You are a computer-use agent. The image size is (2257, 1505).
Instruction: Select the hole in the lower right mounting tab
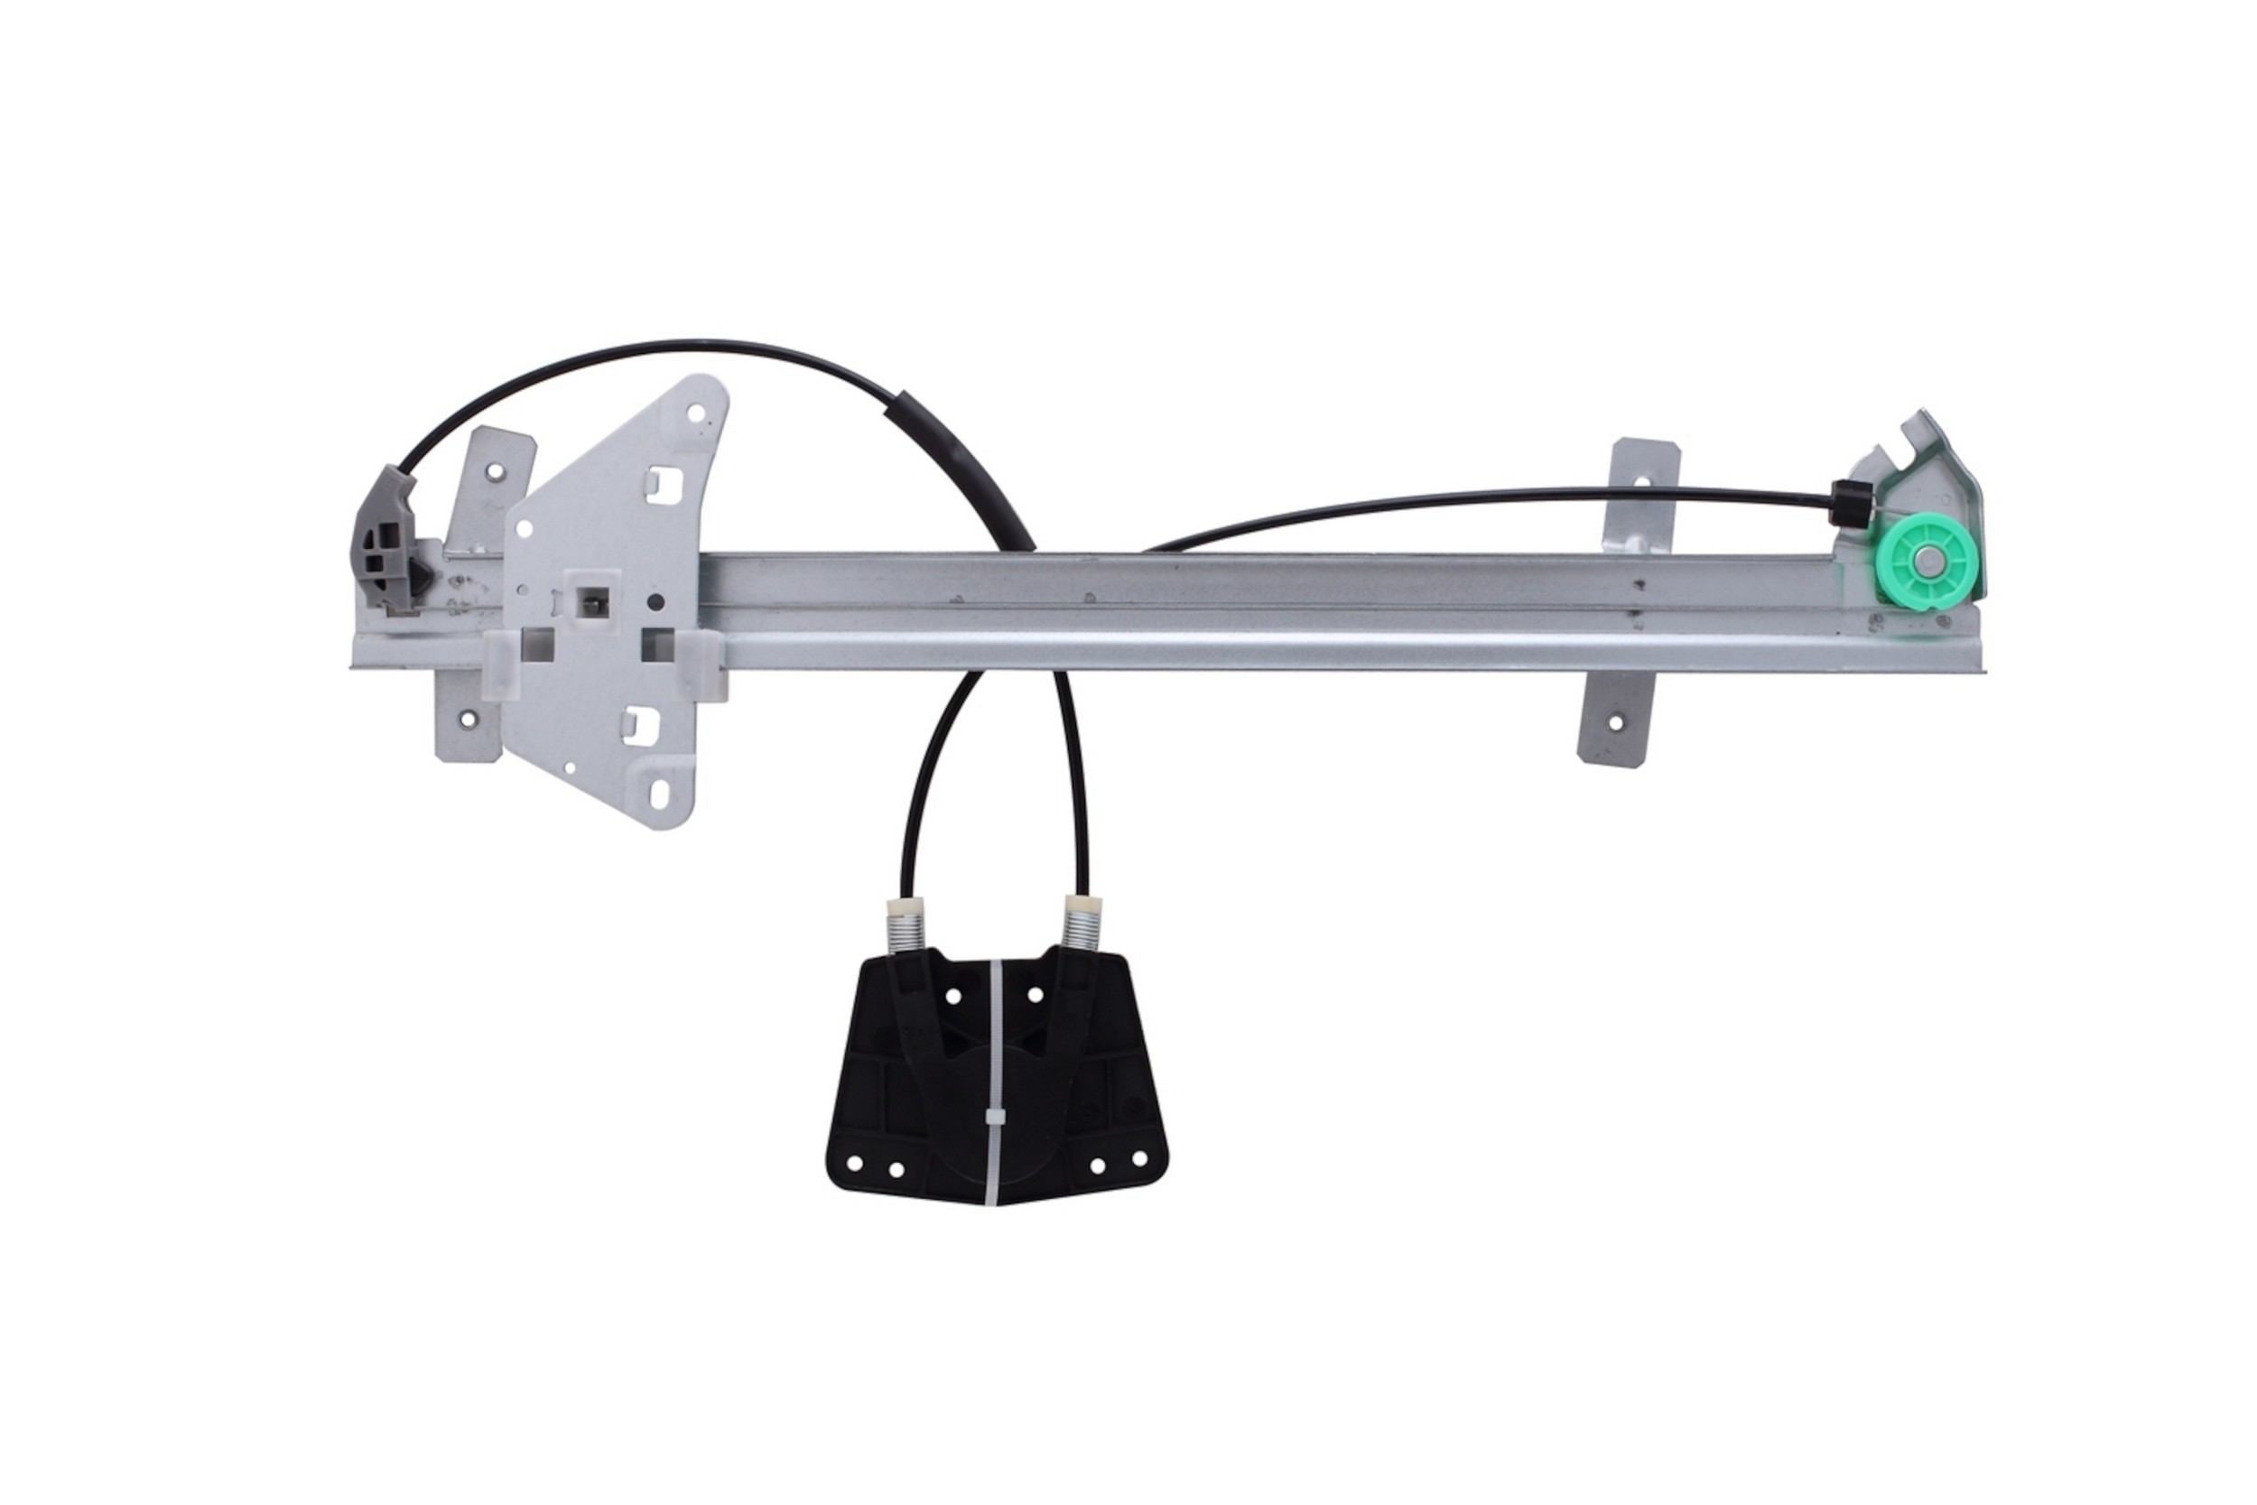point(1615,723)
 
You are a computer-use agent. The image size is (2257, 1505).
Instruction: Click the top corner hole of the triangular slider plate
point(698,414)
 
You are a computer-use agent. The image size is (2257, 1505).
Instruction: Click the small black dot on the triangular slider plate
point(655,603)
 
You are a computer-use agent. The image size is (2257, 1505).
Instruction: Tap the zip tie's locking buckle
point(995,1119)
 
